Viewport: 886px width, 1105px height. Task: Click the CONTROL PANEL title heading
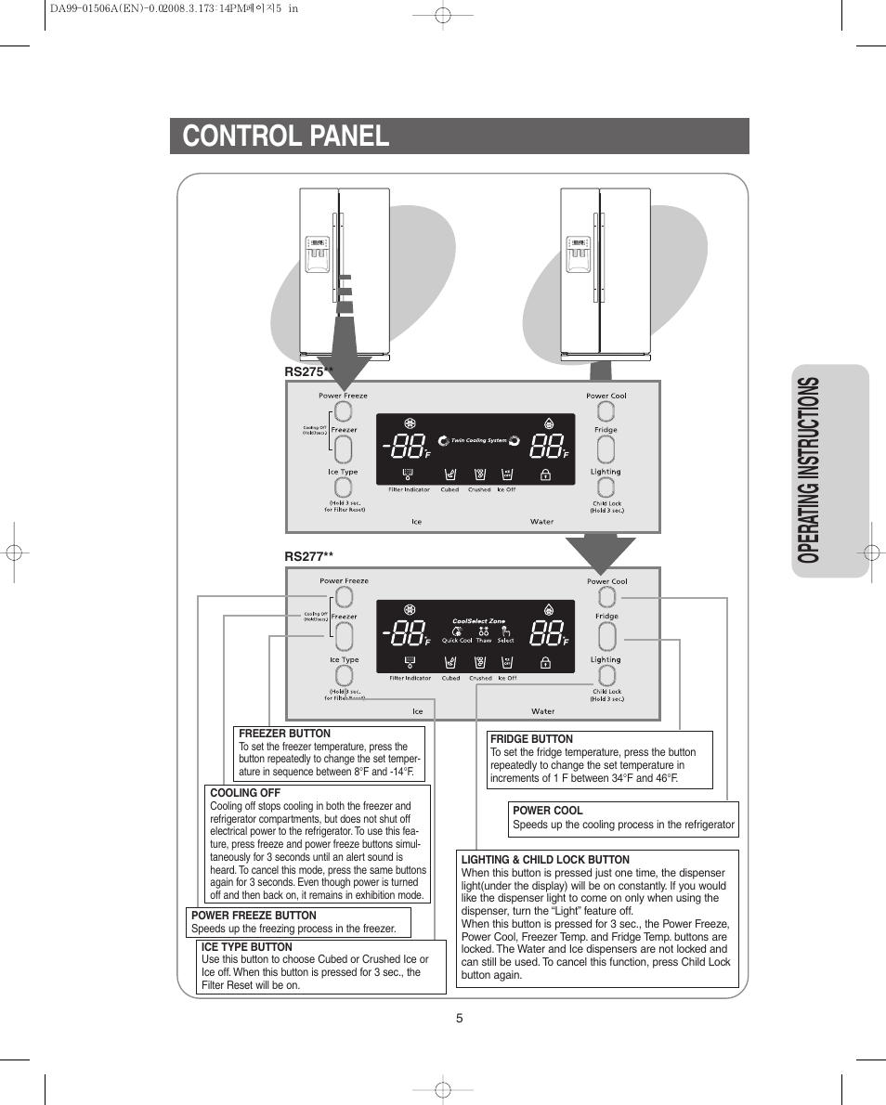pyautogui.click(x=286, y=136)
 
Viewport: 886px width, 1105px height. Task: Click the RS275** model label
pyautogui.click(x=308, y=371)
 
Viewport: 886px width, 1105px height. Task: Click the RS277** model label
pyautogui.click(x=308, y=556)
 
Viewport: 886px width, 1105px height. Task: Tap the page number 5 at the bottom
pyautogui.click(x=459, y=1018)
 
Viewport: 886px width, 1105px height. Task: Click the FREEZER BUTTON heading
pyautogui.click(x=284, y=734)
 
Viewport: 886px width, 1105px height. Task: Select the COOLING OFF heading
pyautogui.click(x=245, y=793)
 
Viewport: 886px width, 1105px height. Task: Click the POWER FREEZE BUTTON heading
pyautogui.click(x=254, y=916)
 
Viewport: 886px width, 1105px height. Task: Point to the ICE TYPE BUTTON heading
pyautogui.click(x=247, y=947)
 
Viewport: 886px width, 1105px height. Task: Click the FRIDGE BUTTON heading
pyautogui.click(x=531, y=739)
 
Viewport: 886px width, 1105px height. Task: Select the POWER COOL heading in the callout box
pyautogui.click(x=547, y=811)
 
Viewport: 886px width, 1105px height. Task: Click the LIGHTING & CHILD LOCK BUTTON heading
pyautogui.click(x=545, y=860)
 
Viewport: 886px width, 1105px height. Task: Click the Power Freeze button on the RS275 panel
pyautogui.click(x=343, y=411)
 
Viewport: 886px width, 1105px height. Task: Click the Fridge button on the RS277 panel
pyautogui.click(x=606, y=636)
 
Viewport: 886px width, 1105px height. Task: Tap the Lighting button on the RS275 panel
pyautogui.click(x=606, y=489)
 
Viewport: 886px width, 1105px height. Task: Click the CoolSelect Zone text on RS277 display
pyautogui.click(x=478, y=621)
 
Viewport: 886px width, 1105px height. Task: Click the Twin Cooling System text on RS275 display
pyautogui.click(x=478, y=440)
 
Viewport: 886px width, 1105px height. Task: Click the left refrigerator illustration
pyautogui.click(x=344, y=274)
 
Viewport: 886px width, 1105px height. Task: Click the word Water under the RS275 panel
pyautogui.click(x=541, y=522)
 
